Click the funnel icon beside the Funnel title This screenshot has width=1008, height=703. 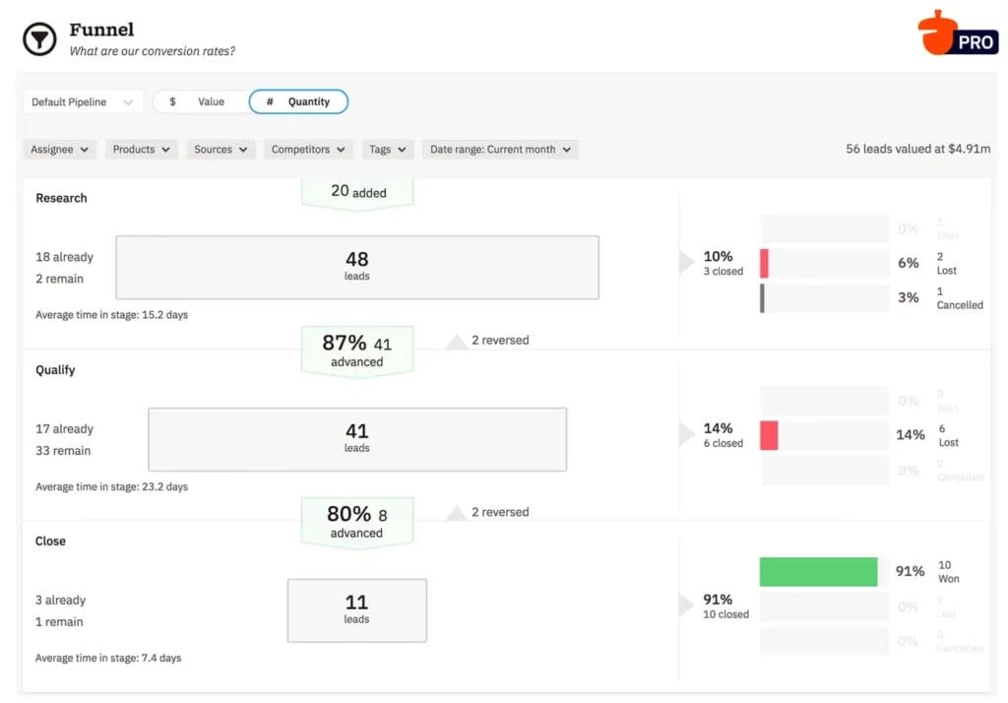click(x=39, y=39)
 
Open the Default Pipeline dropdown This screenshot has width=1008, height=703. click(x=83, y=101)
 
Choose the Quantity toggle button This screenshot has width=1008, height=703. click(x=298, y=101)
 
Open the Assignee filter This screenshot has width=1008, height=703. click(x=59, y=150)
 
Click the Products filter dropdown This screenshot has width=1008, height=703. click(x=141, y=150)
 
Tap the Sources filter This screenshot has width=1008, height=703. click(x=220, y=150)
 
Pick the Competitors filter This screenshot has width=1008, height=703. click(x=308, y=150)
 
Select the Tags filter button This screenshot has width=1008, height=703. click(x=387, y=150)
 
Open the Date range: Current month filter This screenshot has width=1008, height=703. click(x=500, y=150)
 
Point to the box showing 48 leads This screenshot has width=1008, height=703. click(x=357, y=267)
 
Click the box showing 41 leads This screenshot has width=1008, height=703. click(x=357, y=439)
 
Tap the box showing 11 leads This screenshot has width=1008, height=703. click(x=357, y=610)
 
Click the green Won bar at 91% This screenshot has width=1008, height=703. click(x=818, y=572)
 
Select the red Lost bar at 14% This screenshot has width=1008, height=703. click(x=769, y=435)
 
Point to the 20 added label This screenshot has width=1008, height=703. click(x=357, y=192)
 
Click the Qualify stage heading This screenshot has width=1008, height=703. click(x=55, y=370)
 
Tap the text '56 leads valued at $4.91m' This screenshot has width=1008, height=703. click(x=917, y=150)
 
